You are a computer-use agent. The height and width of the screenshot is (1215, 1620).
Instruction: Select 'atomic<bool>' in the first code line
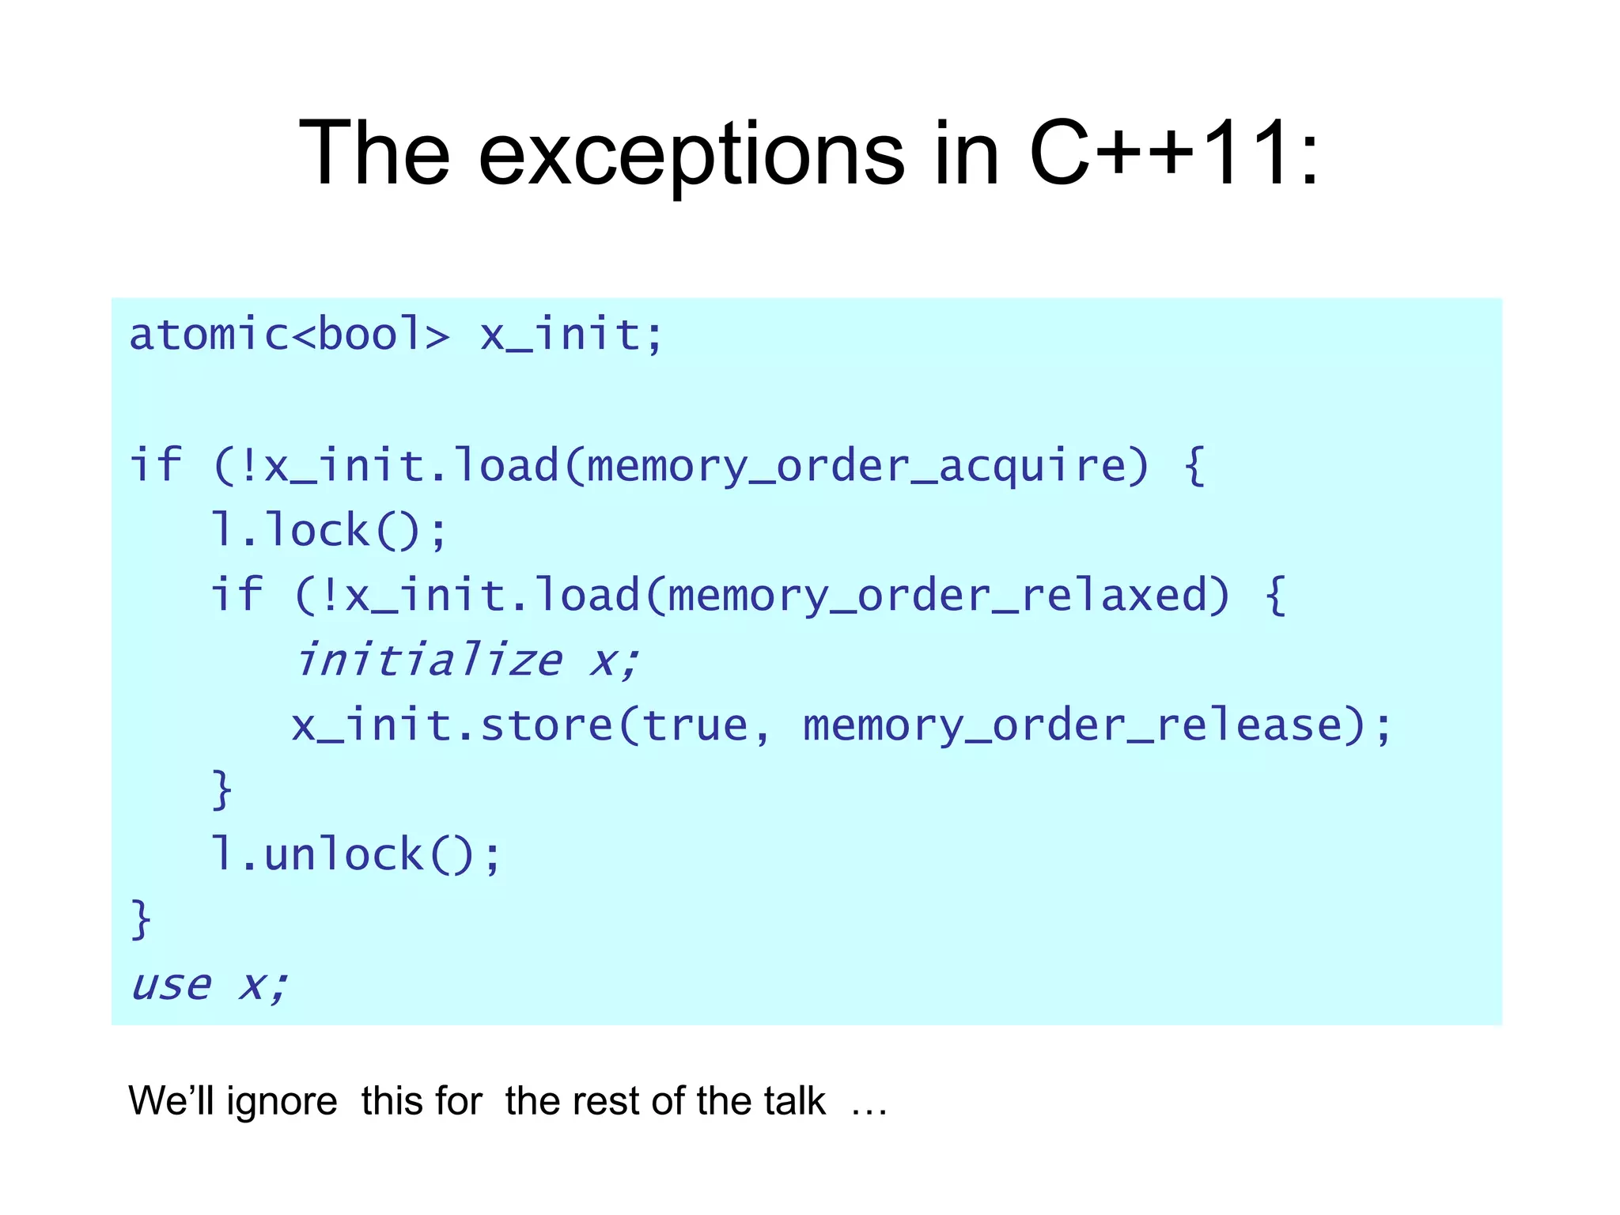pos(290,335)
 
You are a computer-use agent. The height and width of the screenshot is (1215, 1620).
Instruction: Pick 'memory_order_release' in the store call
pos(1073,725)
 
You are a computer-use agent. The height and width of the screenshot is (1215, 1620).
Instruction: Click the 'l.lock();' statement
pos(329,531)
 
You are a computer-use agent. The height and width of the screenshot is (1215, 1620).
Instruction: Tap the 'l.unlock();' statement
pos(356,855)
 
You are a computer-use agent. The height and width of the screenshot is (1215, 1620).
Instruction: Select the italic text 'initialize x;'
pos(467,660)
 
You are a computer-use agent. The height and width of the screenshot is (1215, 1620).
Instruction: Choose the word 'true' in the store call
pos(695,725)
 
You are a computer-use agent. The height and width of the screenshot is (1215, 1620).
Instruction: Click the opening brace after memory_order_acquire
pos(1194,466)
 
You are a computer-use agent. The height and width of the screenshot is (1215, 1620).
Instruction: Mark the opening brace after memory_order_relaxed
pos(1275,596)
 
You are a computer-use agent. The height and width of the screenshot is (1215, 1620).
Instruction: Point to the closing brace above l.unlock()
pos(222,790)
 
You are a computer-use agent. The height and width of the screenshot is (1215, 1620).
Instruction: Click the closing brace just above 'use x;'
pos(141,920)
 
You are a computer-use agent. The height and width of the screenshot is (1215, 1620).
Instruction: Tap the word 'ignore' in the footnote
pos(282,1101)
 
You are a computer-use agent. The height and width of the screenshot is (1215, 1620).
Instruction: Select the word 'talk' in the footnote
pos(793,1101)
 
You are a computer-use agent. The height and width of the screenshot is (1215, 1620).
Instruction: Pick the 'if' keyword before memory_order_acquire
pos(156,466)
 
